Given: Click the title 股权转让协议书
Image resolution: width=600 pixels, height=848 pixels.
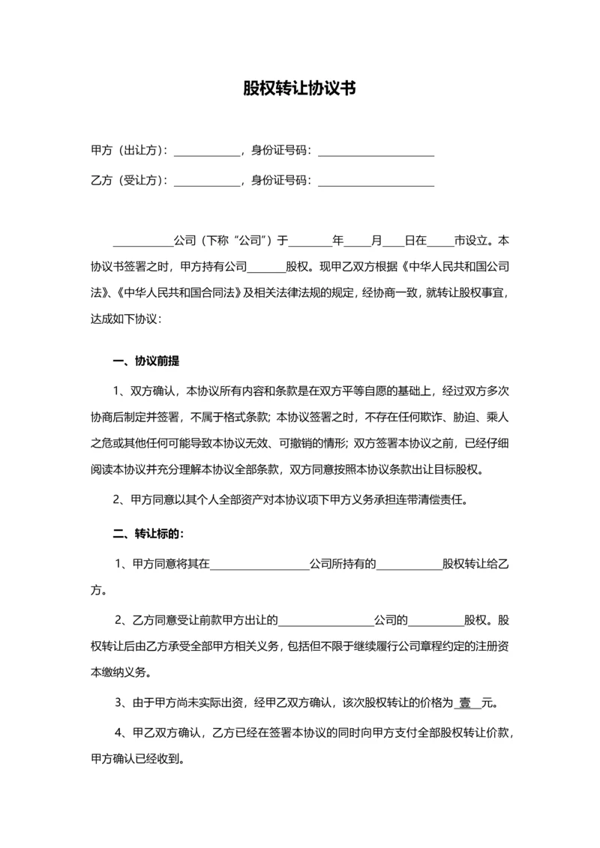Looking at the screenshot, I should coord(299,88).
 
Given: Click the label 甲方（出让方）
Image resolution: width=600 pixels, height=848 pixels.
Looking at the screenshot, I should coord(128,151).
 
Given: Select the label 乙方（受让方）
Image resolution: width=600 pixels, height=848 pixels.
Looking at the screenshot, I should coord(128,180).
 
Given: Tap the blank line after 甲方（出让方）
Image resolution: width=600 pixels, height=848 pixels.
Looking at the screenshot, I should coord(207,152).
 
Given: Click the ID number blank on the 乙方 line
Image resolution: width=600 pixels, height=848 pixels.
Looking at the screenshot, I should coord(376,181).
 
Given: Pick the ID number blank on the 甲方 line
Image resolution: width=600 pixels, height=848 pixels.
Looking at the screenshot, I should coord(376,152).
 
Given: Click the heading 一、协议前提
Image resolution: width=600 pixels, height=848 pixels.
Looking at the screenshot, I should coord(145,361).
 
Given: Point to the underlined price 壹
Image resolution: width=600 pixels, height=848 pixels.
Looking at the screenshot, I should coord(466,704).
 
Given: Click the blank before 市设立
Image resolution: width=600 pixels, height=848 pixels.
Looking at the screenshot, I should coord(440,243).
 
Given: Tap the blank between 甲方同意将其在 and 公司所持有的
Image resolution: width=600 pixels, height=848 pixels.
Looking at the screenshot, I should coord(259,564).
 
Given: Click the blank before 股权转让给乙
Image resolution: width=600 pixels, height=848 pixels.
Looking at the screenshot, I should coord(409,564).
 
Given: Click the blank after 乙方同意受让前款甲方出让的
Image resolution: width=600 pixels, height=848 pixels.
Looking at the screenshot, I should coord(327,622).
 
